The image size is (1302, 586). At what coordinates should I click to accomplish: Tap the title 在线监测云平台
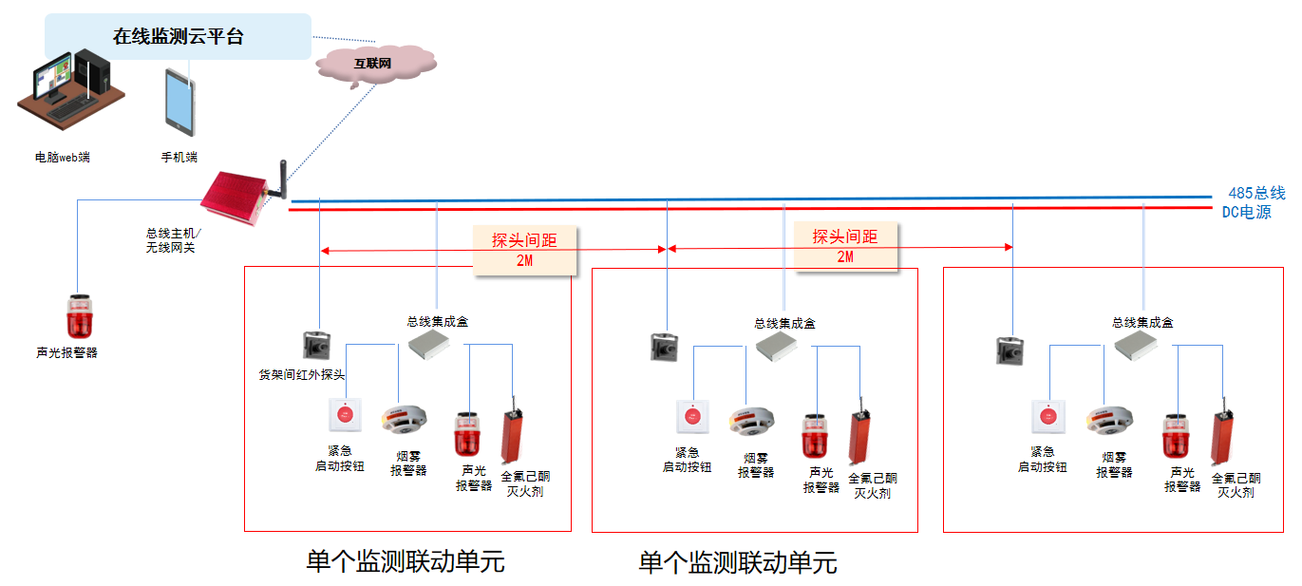tap(178, 37)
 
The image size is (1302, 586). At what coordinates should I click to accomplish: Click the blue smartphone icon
tap(180, 103)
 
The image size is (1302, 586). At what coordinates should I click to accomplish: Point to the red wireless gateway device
tap(235, 197)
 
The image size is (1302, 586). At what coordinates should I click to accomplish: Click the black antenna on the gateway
tap(283, 180)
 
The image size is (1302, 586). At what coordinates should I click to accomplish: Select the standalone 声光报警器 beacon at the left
tap(80, 317)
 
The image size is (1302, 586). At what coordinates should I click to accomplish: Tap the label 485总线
tap(1256, 193)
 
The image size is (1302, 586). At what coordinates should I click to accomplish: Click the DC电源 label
tap(1246, 212)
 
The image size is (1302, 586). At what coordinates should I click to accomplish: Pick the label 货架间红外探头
tap(302, 375)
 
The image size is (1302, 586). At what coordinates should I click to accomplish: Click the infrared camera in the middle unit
tap(664, 347)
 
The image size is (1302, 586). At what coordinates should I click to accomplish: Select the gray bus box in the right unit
tap(1136, 346)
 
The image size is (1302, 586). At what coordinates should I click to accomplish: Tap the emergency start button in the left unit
tap(346, 414)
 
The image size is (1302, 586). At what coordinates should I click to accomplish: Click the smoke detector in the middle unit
tap(751, 422)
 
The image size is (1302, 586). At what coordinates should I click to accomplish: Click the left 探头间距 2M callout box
tap(525, 250)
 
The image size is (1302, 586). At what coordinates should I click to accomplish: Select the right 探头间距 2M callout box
tap(846, 247)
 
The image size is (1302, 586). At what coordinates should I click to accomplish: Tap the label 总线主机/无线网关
tap(173, 240)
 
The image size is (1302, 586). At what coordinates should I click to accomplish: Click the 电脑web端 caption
tap(62, 157)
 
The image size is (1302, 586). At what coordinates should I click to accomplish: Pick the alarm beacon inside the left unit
tap(466, 435)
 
